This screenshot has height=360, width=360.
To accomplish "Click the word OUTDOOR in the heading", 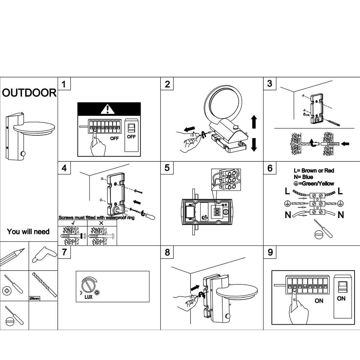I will coord(29,93).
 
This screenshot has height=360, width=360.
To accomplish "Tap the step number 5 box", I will coord(167,168).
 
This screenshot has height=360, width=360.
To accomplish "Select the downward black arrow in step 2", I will coord(254,144).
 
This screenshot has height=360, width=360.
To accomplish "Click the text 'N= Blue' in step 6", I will coord(303,177).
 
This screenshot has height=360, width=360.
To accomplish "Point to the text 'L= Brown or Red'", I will coord(314,170).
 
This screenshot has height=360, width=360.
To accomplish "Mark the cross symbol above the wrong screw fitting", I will coord(101,223).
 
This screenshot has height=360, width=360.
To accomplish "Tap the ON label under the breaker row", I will coord(319,301).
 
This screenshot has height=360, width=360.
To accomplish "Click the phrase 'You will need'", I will coord(28,232).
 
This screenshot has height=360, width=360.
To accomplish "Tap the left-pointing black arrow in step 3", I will coord(345,144).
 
